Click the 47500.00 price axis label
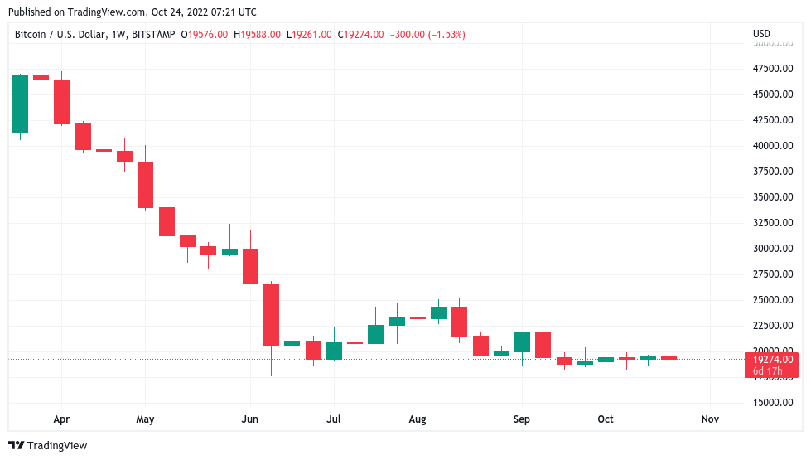771,69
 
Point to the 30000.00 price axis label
771,249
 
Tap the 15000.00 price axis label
771,403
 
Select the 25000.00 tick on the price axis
771,300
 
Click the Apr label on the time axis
61,419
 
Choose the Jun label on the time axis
249,419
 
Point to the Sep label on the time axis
521,419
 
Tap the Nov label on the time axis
709,419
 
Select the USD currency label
761,34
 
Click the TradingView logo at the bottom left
48,446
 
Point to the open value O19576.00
203,35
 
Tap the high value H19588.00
259,35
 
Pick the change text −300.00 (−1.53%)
428,35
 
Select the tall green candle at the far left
20,104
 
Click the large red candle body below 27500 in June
271,315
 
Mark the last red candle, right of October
669,358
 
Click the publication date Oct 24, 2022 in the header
171,12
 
